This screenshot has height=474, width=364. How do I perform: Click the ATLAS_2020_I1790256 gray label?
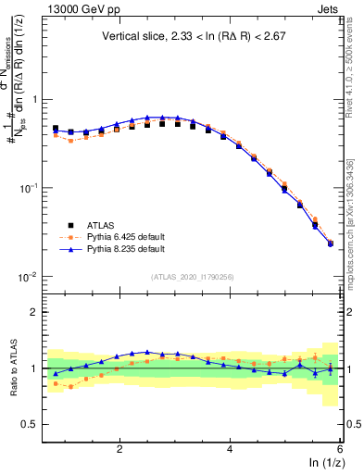coord(192,277)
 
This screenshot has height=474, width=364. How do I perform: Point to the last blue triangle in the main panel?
coord(331,244)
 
